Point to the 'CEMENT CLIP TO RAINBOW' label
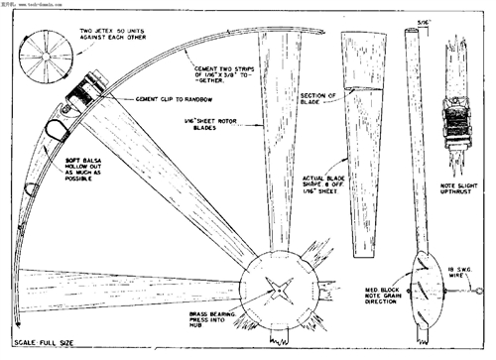(175, 99)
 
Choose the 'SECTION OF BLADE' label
(317, 96)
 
